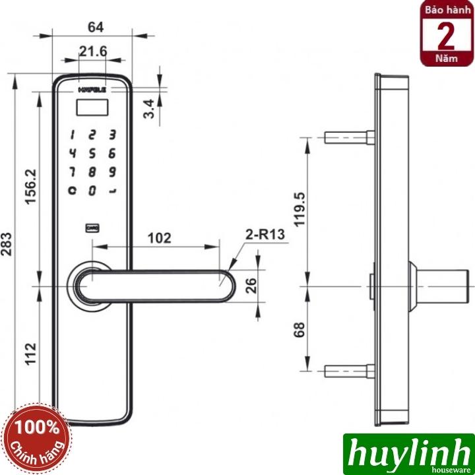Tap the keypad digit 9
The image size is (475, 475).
[113, 173]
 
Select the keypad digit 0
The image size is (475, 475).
[93, 191]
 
